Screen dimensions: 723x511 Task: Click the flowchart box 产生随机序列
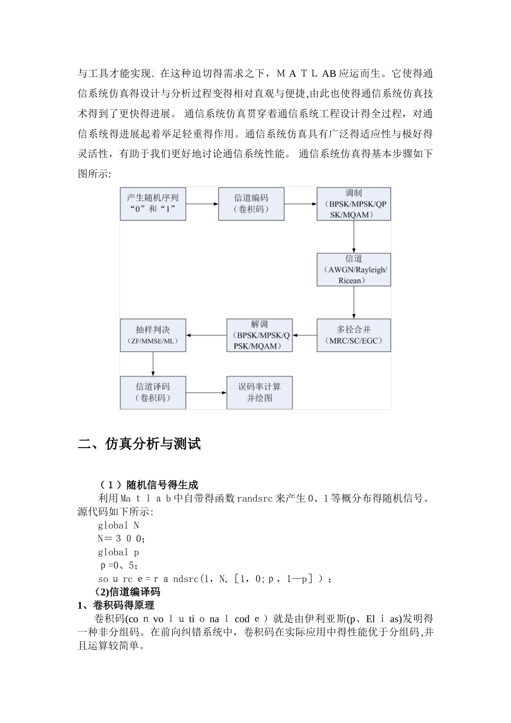point(153,204)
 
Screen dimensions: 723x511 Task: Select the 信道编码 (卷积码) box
point(251,204)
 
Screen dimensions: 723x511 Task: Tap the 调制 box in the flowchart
point(353,204)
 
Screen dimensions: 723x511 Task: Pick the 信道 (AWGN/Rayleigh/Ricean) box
point(353,270)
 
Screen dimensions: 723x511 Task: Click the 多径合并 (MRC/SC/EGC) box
point(353,335)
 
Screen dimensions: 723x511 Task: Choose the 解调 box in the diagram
point(259,335)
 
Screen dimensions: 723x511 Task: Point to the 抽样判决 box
point(153,335)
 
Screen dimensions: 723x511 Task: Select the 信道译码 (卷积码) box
point(153,392)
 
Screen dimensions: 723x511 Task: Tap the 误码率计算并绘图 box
point(259,392)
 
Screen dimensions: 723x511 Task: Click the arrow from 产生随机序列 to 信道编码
point(202,204)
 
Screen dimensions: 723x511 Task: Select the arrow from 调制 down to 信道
point(353,237)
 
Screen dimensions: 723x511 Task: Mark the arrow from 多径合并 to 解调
point(304,335)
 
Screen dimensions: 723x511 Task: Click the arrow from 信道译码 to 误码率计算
point(206,392)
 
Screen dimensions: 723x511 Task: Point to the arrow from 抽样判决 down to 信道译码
point(153,364)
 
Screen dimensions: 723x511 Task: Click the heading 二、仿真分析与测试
point(139,444)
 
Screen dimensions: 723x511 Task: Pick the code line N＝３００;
point(121,539)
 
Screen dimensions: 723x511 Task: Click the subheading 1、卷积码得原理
point(116,606)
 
